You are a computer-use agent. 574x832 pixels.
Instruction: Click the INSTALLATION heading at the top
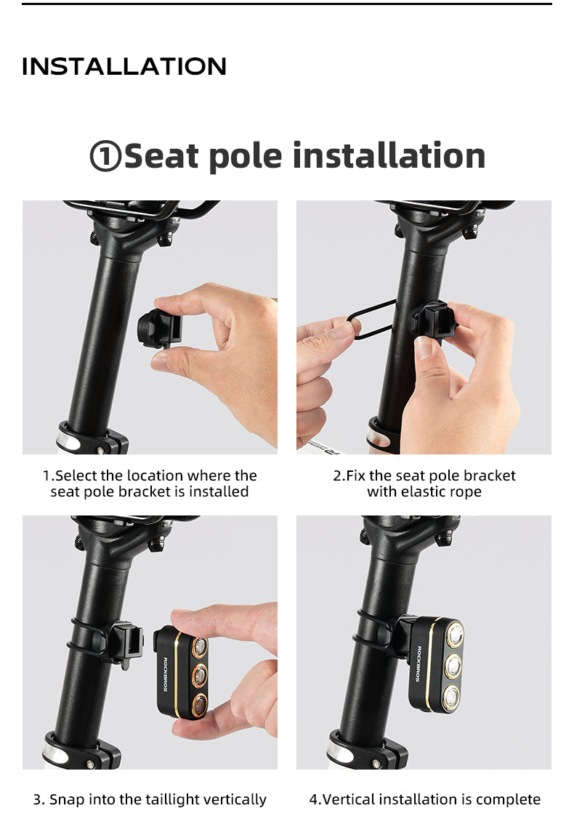click(124, 66)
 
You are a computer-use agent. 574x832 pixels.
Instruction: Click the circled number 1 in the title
click(105, 156)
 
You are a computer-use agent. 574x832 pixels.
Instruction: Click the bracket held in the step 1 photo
click(159, 328)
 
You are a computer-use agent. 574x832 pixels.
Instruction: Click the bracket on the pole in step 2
click(433, 321)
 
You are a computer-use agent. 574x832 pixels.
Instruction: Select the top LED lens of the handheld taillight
click(200, 647)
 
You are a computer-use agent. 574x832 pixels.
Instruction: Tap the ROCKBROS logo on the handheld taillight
click(166, 674)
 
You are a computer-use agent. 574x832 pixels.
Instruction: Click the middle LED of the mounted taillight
click(453, 666)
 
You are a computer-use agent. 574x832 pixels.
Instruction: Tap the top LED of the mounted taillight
click(455, 635)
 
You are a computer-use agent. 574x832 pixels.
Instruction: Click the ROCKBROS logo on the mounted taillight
click(419, 664)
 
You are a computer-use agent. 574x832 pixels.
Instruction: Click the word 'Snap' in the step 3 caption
click(67, 799)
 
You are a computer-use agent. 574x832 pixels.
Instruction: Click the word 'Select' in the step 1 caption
click(76, 476)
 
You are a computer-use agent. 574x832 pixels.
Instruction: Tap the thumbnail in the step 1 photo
click(161, 362)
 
